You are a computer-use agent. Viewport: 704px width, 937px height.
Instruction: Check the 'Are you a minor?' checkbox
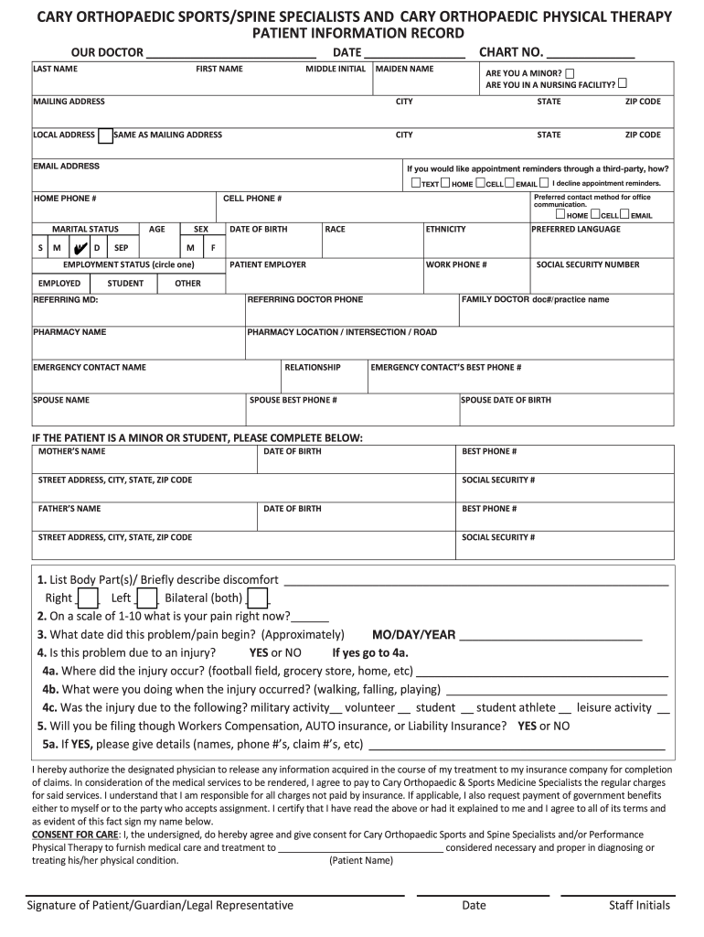point(571,72)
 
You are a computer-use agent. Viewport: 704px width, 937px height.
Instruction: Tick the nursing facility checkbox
point(623,84)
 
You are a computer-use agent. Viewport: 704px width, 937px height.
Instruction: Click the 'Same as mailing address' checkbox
point(106,135)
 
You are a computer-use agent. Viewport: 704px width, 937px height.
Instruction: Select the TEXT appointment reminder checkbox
point(415,183)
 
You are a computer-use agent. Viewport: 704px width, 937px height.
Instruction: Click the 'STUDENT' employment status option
point(125,284)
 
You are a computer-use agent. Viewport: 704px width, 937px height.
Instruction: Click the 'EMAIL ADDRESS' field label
point(67,167)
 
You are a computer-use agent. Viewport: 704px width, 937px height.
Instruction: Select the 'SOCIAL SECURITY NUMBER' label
point(588,265)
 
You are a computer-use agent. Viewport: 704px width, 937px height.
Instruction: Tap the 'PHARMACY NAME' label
point(69,332)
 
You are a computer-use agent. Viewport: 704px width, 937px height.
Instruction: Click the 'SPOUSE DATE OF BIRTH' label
point(506,400)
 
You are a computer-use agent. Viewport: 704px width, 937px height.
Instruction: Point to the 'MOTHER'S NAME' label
point(71,451)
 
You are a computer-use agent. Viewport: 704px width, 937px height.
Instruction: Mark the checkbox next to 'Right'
point(89,598)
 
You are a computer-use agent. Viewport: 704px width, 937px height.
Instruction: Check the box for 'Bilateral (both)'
point(258,598)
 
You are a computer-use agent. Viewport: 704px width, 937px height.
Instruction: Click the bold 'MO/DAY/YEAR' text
point(413,634)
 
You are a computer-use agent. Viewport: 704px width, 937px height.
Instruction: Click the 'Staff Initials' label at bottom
point(639,905)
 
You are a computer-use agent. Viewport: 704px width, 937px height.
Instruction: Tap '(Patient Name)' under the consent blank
point(361,860)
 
